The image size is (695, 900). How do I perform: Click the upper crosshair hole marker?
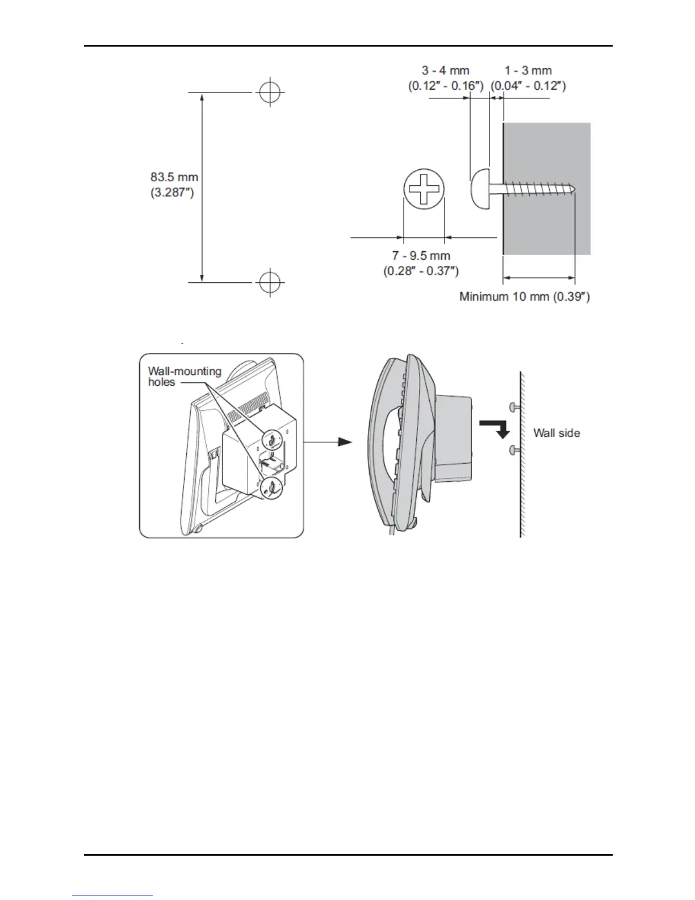[x=270, y=91]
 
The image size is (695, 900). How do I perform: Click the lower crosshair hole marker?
[x=270, y=281]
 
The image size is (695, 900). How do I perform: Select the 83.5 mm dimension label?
[x=174, y=177]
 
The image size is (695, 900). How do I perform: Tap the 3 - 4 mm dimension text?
[x=446, y=70]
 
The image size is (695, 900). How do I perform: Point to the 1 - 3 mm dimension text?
[x=528, y=70]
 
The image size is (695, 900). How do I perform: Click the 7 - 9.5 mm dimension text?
[x=421, y=256]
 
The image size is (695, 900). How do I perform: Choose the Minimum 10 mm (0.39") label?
[x=524, y=297]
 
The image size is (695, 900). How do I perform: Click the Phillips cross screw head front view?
[x=424, y=189]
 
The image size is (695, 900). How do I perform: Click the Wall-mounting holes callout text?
[x=185, y=376]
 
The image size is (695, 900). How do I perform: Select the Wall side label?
[x=556, y=433]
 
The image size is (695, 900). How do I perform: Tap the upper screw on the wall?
[x=514, y=406]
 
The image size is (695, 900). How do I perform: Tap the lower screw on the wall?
[x=514, y=451]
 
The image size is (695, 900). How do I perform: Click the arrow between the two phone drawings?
[x=329, y=441]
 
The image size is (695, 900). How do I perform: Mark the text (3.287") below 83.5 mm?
[x=173, y=193]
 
